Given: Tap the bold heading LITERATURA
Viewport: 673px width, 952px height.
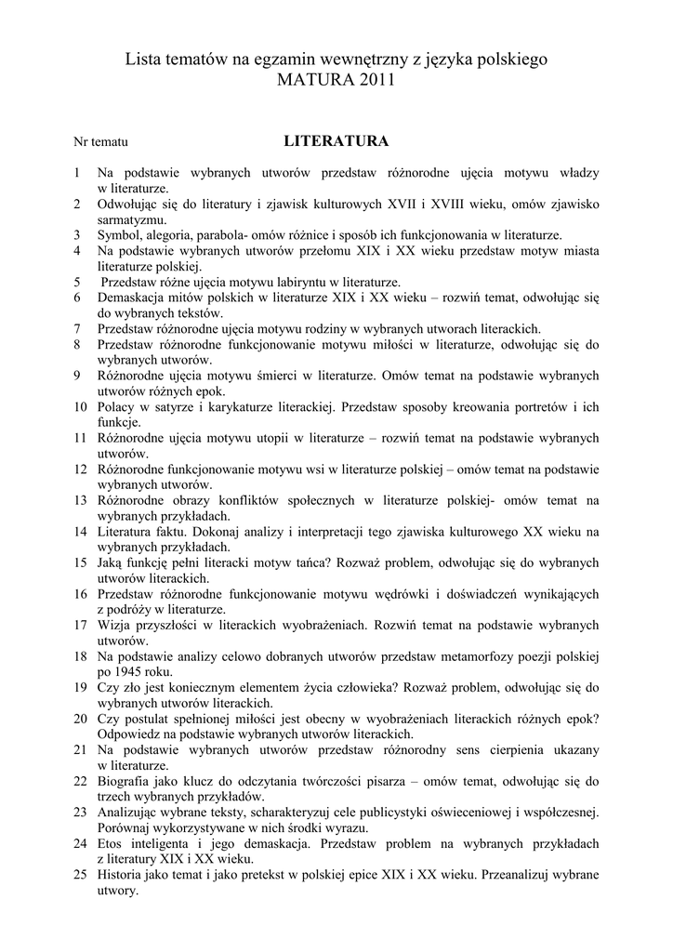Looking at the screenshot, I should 336,141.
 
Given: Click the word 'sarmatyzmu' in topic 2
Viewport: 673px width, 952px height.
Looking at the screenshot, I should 129,219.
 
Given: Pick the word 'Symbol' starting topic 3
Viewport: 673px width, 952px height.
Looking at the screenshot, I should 118,235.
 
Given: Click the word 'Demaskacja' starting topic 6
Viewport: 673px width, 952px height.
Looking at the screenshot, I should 133,297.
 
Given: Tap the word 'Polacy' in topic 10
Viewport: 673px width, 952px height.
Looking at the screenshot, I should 117,406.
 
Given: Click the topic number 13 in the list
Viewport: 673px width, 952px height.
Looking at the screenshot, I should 80,500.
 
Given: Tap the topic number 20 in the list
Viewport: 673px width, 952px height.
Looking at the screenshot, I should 80,718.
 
